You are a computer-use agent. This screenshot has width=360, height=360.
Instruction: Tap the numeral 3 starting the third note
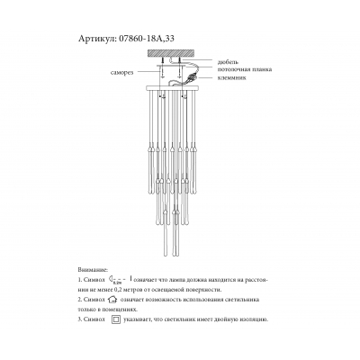[81, 319]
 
